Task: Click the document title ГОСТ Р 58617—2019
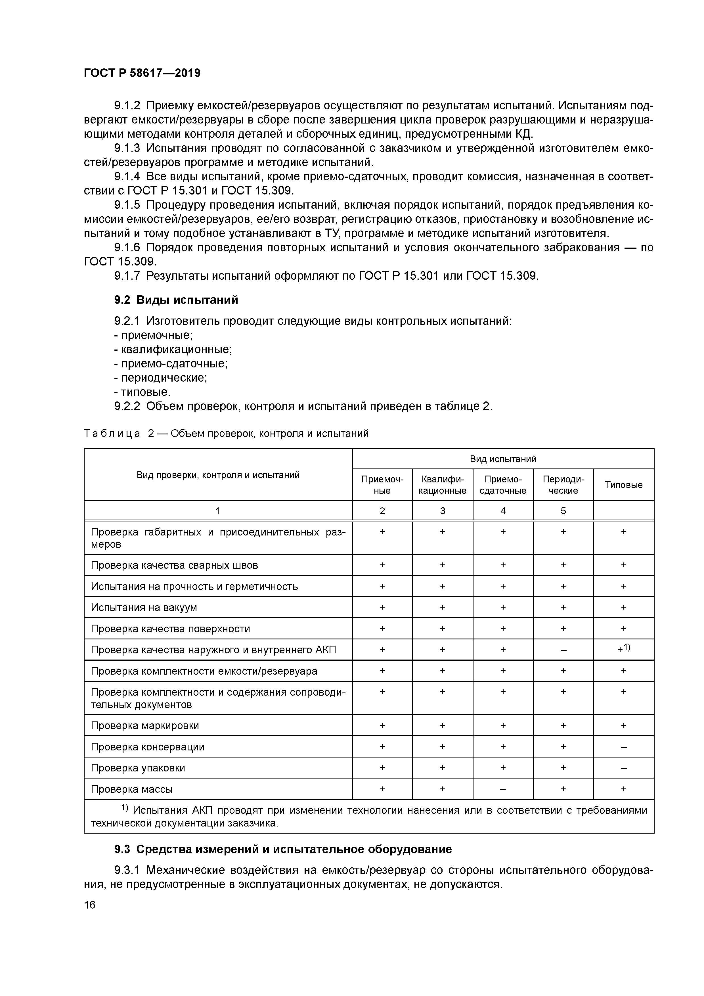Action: pos(142,73)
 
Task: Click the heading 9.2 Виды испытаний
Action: pos(176,300)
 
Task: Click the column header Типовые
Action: pos(623,485)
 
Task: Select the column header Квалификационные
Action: pos(443,485)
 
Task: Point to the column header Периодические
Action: pos(563,485)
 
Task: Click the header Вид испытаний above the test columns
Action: pos(503,459)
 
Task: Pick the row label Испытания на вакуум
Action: pos(144,607)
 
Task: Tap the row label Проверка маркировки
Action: pos(144,725)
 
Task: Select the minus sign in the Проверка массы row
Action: pos(503,789)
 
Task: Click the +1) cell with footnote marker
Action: pos(623,649)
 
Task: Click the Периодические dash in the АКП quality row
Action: pos(563,650)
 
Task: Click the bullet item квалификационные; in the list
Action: pos(173,349)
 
